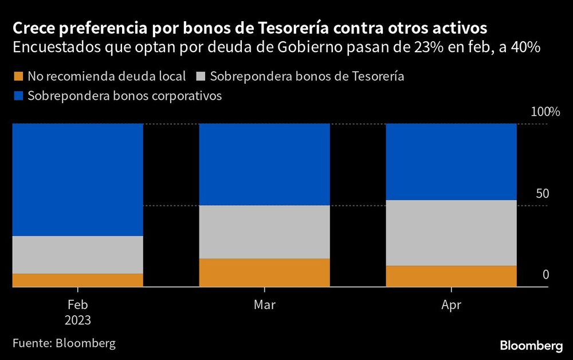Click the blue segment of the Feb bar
click(x=77, y=179)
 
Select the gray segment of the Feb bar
click(x=77, y=255)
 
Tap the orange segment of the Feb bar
click(x=77, y=280)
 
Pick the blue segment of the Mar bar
click(x=264, y=165)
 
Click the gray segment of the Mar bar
click(x=264, y=232)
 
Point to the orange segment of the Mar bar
click(x=264, y=272)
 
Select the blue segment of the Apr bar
click(x=452, y=162)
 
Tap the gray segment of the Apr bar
click(x=452, y=233)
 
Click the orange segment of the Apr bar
click(x=452, y=276)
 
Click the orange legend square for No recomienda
click(x=18, y=76)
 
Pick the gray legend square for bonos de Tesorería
click(x=202, y=76)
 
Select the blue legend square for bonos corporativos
click(x=18, y=96)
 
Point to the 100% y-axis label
click(x=539, y=111)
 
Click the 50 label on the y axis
click(x=542, y=194)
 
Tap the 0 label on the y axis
click(x=545, y=275)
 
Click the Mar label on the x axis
click(x=264, y=305)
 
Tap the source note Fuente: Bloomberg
click(x=64, y=343)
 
